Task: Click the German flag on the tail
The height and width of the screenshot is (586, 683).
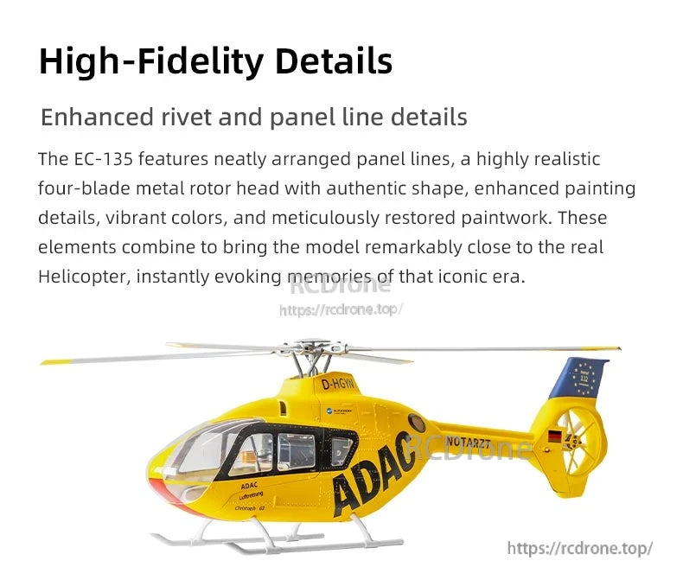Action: [554, 436]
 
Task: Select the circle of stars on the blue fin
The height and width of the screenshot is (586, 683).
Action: [584, 378]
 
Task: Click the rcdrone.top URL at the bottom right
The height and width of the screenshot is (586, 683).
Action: [578, 548]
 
